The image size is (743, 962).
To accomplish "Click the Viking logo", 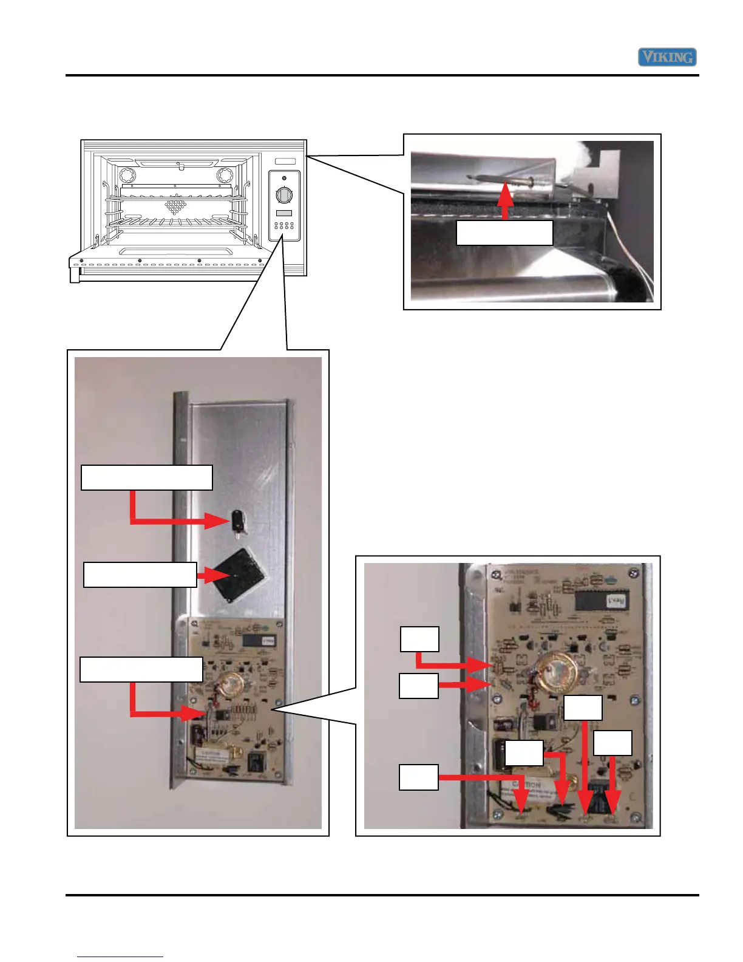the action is [667, 57].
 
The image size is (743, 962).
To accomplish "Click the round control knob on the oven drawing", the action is [284, 195].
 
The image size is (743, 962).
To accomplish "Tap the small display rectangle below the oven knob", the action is [284, 213].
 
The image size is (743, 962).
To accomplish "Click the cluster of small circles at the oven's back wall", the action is [175, 206].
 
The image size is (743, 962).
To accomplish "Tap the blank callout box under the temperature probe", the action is [504, 233].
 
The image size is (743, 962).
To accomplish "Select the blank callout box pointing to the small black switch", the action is [147, 477].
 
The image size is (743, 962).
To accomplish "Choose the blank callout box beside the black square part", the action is [140, 575].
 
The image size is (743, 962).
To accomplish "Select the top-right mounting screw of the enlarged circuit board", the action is [634, 573].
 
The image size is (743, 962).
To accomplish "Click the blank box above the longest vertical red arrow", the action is [583, 708].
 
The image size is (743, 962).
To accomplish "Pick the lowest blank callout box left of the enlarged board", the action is [418, 777].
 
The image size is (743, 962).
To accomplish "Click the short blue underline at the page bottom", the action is [120, 957].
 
